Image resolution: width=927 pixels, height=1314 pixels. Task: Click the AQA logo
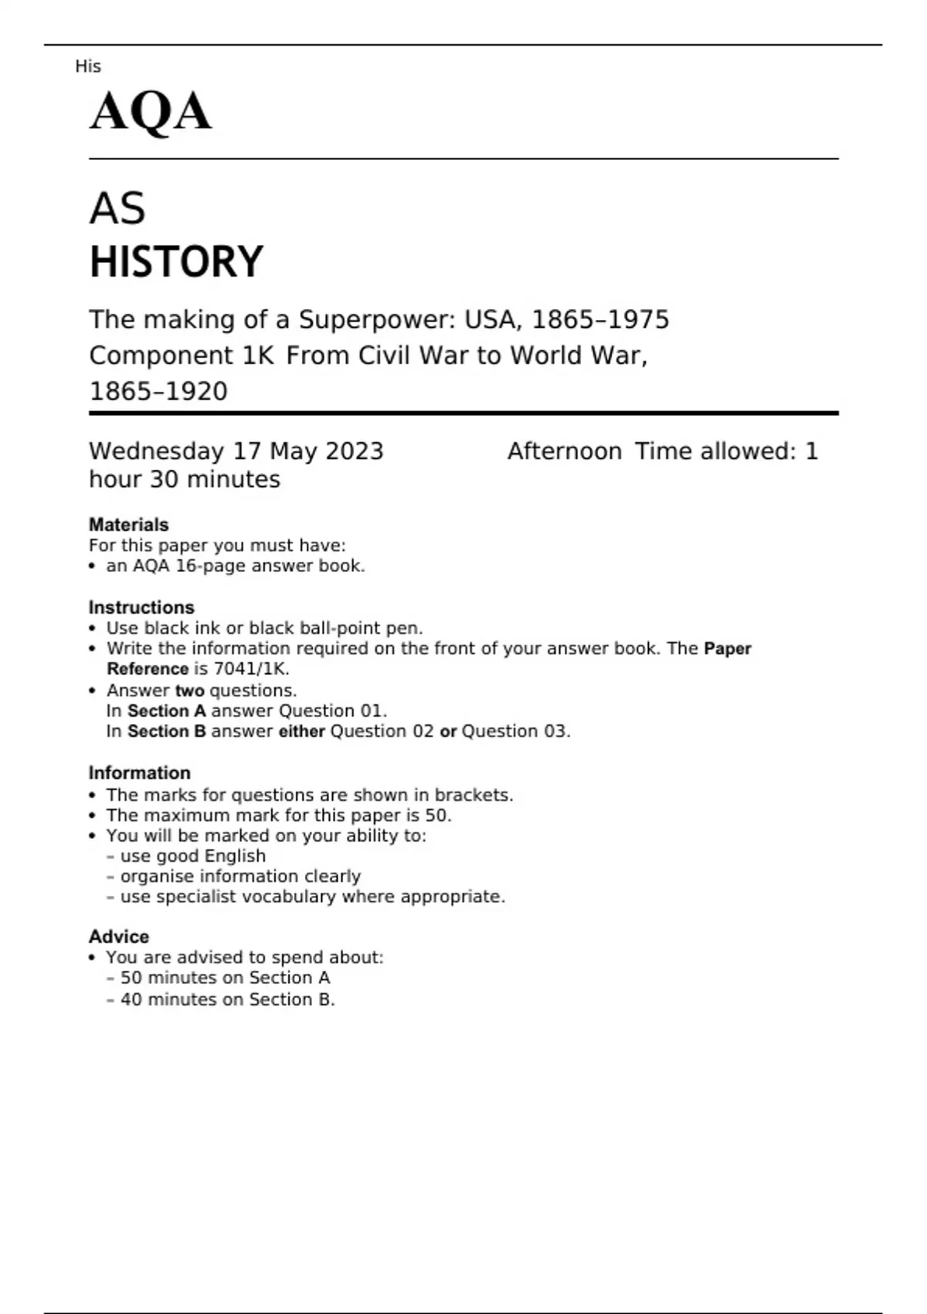[x=151, y=111]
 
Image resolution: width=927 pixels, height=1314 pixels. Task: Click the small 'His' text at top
[x=88, y=66]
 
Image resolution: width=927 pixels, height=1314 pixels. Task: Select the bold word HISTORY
[x=176, y=261]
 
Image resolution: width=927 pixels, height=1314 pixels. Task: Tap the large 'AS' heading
[x=117, y=209]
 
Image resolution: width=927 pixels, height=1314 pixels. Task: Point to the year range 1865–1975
[x=601, y=319]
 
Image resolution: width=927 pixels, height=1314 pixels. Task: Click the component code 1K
[x=258, y=356]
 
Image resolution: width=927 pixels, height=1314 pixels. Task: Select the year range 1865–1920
[x=158, y=391]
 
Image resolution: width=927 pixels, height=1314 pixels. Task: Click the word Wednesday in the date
[x=157, y=451]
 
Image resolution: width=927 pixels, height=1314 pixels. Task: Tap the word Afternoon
[x=565, y=451]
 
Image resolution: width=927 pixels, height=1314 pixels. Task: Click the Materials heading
[x=128, y=525]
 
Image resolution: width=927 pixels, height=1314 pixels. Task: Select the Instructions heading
[x=141, y=608]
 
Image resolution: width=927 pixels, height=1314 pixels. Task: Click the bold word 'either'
[x=301, y=731]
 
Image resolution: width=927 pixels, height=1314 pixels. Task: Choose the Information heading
[x=139, y=773]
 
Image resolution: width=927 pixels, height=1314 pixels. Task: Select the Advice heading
[x=119, y=937]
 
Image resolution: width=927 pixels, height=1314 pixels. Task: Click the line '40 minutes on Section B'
[x=227, y=999]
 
